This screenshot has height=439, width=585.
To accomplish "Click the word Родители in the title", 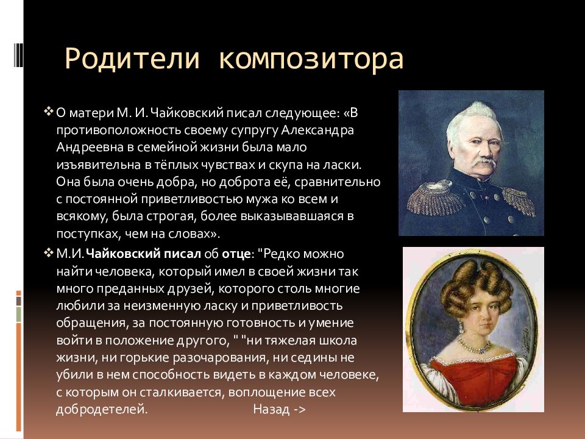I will click(132, 59).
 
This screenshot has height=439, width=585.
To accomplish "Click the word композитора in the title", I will click(311, 60).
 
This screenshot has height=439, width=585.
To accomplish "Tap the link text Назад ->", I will click(279, 409).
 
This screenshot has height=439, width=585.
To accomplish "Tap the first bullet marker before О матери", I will click(49, 113).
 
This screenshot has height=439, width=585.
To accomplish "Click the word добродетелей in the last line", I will click(101, 409).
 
